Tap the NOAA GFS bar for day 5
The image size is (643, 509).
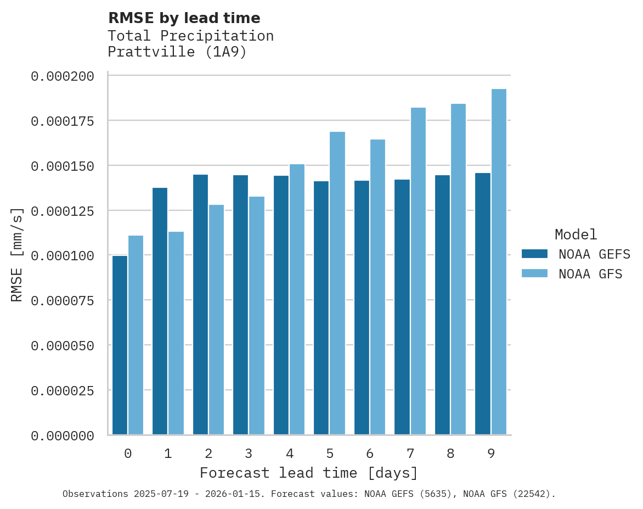pos(337,283)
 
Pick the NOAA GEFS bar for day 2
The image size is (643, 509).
pos(200,304)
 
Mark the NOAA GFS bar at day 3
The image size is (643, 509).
pos(257,315)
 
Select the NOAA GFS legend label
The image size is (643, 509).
pos(590,273)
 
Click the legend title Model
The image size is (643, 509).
pos(576,234)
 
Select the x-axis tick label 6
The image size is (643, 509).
pos(370,454)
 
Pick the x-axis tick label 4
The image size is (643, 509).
pos(289,454)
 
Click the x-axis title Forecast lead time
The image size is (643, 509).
pos(308,473)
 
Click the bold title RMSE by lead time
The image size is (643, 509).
pos(184,18)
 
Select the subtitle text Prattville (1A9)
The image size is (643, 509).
pos(177,52)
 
